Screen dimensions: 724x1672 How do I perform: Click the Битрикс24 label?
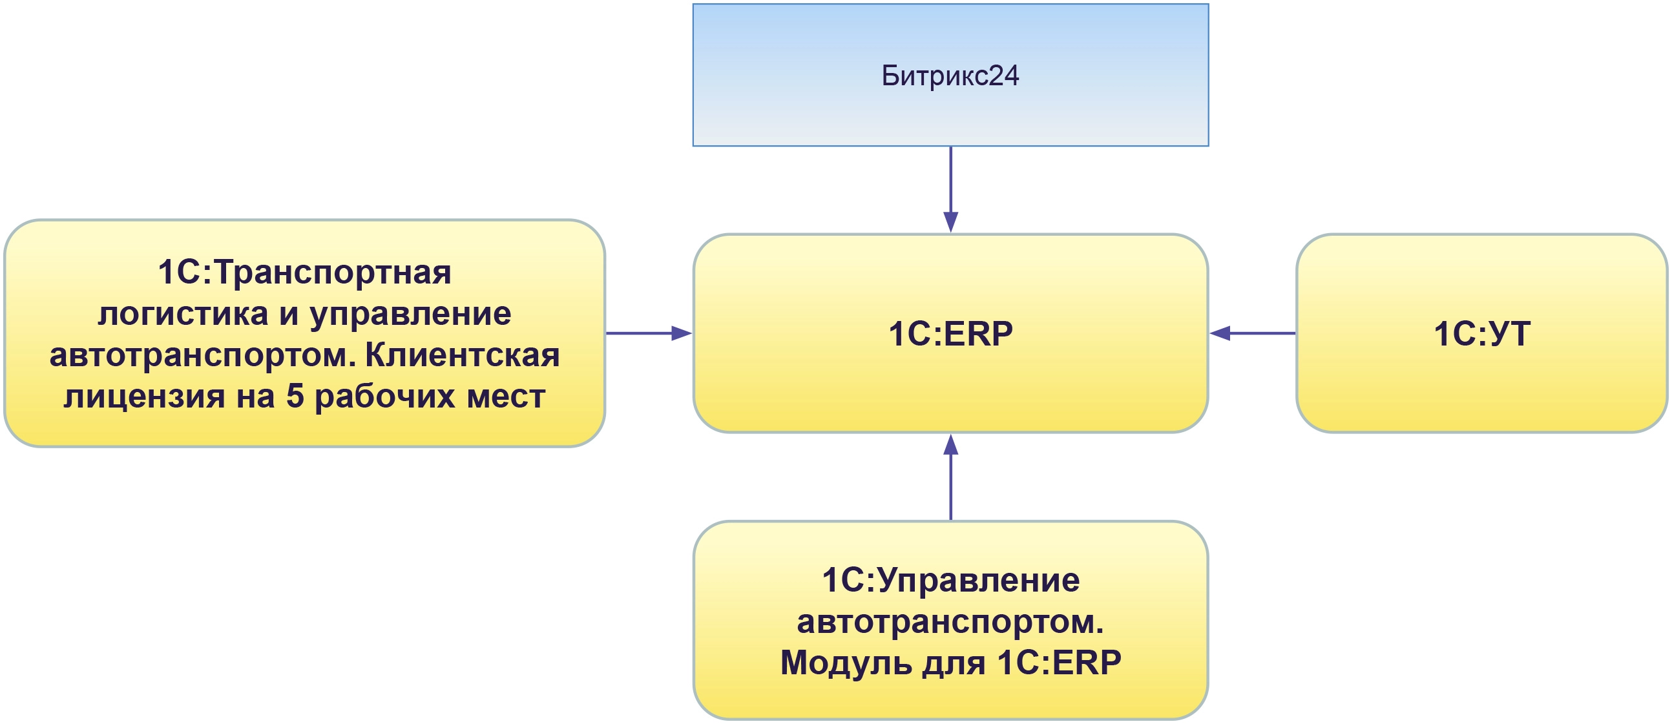tap(950, 76)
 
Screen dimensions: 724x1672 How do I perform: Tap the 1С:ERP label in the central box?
tap(950, 334)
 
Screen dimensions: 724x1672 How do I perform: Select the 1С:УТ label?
tap(1481, 334)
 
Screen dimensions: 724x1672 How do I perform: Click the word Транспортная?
tap(332, 273)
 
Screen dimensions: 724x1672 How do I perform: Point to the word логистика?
tap(183, 315)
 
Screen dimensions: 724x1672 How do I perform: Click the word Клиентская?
tap(462, 355)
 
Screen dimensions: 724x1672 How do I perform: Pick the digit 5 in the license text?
tap(295, 397)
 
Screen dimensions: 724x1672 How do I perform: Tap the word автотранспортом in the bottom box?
tap(950, 622)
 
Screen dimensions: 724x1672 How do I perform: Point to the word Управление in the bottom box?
tap(979, 581)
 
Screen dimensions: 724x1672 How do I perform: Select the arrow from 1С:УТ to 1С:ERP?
tap(1253, 333)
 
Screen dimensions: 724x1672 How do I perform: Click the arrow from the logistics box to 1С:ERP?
tap(649, 333)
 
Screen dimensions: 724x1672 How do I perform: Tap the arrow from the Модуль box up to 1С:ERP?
tap(950, 477)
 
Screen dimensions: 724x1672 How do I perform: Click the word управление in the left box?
tap(410, 315)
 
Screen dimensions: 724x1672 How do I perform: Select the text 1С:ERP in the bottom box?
tap(1059, 663)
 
